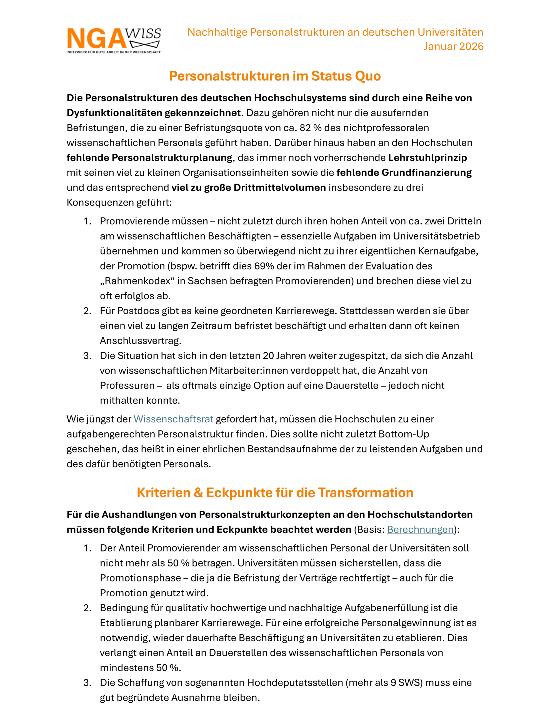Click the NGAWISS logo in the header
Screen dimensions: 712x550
coord(114,38)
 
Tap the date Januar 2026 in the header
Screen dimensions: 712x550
coord(453,46)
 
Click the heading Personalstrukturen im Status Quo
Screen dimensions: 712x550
coord(275,76)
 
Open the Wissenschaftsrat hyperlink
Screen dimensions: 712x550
coord(173,419)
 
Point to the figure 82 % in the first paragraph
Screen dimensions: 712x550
coord(311,128)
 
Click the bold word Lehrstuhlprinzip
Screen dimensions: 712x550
coord(427,158)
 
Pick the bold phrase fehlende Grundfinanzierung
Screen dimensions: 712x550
coord(404,173)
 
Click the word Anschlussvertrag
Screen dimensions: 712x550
coord(140,341)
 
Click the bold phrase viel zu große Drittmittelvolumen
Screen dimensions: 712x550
coord(248,188)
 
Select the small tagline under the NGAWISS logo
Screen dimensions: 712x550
coord(114,52)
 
